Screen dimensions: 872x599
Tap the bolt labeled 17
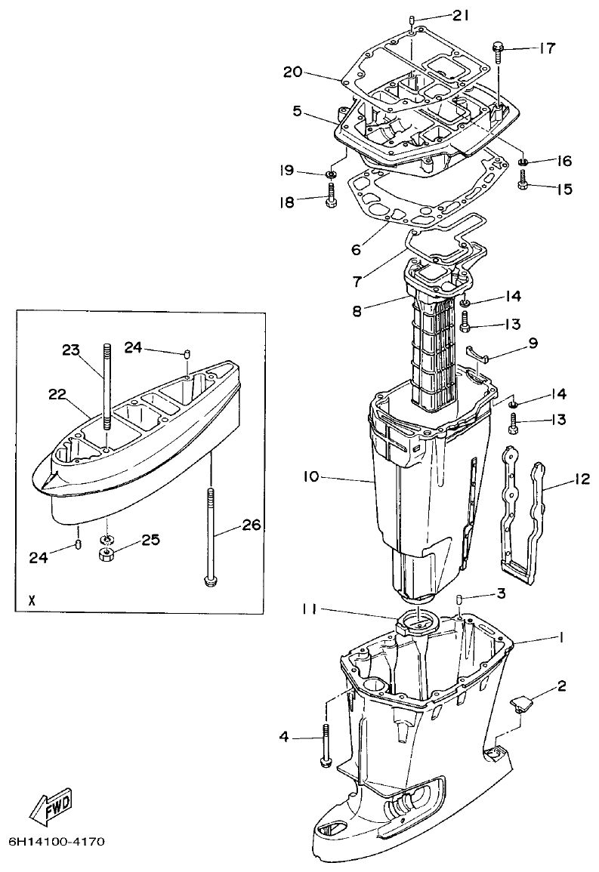point(499,52)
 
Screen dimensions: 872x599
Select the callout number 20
point(292,72)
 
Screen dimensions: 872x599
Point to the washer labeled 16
point(523,162)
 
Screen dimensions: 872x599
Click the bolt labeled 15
point(522,181)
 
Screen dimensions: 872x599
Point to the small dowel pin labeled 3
point(459,599)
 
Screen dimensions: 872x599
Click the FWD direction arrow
point(51,809)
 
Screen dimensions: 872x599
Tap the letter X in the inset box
point(31,601)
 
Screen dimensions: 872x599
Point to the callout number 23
point(70,350)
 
